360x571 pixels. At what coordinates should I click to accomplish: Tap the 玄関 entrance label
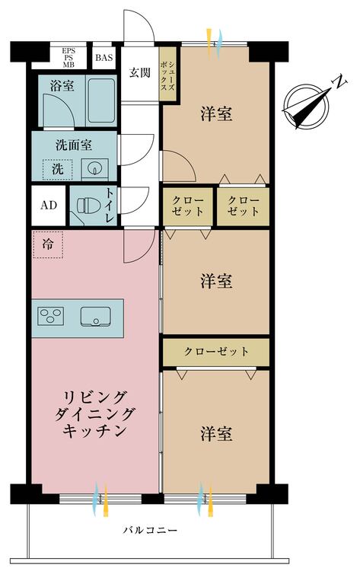(139, 73)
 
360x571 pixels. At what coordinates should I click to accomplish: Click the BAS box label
(104, 56)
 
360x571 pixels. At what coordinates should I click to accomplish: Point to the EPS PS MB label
(68, 56)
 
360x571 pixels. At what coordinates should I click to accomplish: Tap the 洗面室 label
(74, 145)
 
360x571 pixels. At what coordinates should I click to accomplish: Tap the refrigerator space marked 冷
(48, 245)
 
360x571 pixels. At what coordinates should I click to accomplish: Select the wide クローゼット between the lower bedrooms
(216, 352)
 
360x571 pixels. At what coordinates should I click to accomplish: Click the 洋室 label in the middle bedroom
(216, 282)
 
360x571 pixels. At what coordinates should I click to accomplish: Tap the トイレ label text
(110, 206)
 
